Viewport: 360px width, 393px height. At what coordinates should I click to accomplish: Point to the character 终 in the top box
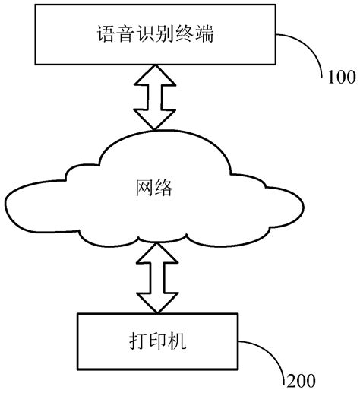(x=180, y=33)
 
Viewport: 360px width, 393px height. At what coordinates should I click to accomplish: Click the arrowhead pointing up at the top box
(x=156, y=73)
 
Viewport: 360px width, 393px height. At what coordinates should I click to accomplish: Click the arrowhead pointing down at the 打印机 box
(x=156, y=304)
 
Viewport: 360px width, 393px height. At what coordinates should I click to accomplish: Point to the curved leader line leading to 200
(x=273, y=353)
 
